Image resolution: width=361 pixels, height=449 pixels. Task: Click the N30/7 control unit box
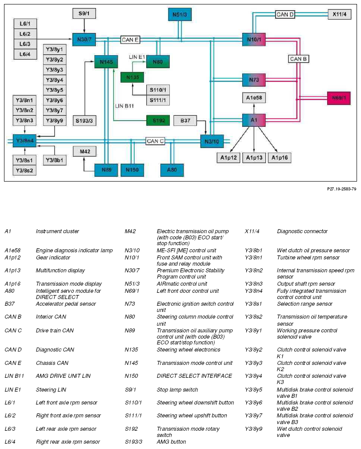(x=84, y=40)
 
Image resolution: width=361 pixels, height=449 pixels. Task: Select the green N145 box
(x=106, y=61)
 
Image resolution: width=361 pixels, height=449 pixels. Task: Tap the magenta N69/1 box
(x=339, y=98)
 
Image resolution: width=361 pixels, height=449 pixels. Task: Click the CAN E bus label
(x=130, y=40)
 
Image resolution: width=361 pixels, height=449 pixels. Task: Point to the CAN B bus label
(x=298, y=59)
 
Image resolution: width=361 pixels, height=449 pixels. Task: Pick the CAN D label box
(x=285, y=14)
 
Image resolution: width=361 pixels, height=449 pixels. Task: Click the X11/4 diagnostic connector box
(x=340, y=14)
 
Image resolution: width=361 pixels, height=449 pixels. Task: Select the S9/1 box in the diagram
(x=84, y=13)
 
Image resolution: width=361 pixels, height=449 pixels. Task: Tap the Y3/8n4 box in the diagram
(x=24, y=141)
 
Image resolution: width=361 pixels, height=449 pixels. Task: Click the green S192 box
(x=158, y=121)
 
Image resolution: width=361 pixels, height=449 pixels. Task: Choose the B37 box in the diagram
(x=185, y=121)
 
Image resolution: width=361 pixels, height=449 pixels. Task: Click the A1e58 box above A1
(x=254, y=97)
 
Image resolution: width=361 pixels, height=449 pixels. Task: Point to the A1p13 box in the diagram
(x=254, y=158)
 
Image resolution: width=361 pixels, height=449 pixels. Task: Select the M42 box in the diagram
(x=84, y=151)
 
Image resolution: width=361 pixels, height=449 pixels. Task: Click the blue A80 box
(x=172, y=170)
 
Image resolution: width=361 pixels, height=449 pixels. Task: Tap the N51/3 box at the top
(x=180, y=14)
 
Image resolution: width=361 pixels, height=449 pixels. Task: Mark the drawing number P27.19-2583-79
(x=341, y=189)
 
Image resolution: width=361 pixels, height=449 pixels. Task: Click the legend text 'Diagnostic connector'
(x=302, y=231)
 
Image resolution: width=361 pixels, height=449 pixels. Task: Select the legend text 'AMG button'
(x=171, y=441)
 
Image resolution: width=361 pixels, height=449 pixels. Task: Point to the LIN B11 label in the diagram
(x=124, y=106)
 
